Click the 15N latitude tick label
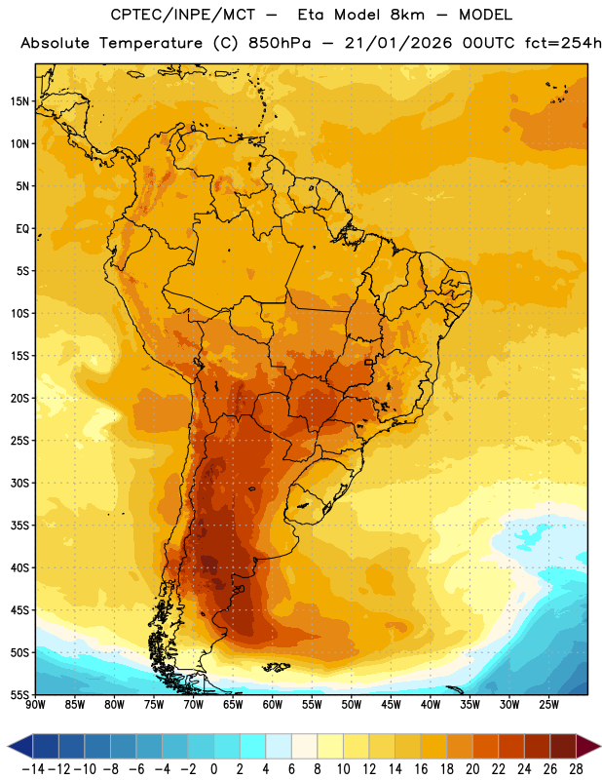pyautogui.click(x=19, y=101)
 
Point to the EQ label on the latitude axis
pyautogui.click(x=22, y=229)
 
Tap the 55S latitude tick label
pyautogui.click(x=19, y=694)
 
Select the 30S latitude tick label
pyautogui.click(x=19, y=483)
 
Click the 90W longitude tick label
pyautogui.click(x=35, y=705)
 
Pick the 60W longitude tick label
pyautogui.click(x=273, y=705)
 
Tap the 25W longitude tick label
pyautogui.click(x=548, y=705)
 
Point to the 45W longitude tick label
pyautogui.click(x=391, y=705)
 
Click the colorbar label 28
pyautogui.click(x=576, y=769)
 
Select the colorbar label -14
pyautogui.click(x=33, y=769)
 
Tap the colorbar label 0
pyautogui.click(x=213, y=769)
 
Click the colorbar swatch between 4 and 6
pyautogui.click(x=279, y=746)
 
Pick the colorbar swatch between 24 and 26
pyautogui.click(x=537, y=746)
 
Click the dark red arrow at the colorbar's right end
pyautogui.click(x=587, y=746)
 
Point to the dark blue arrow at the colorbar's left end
pyautogui.click(x=20, y=746)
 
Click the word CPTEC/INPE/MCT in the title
pyautogui.click(x=183, y=15)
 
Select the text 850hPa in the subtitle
pyautogui.click(x=280, y=43)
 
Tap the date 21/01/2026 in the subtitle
pyautogui.click(x=398, y=43)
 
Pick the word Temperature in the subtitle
pyautogui.click(x=151, y=44)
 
